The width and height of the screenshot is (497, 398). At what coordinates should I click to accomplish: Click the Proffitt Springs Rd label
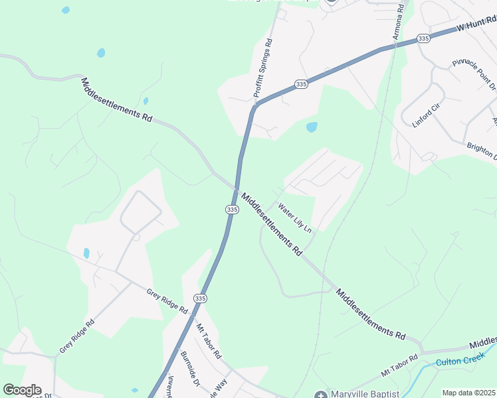(264, 69)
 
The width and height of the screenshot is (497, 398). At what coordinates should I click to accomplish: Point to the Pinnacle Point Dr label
(474, 74)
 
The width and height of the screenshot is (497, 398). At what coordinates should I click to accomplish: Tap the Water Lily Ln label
(294, 218)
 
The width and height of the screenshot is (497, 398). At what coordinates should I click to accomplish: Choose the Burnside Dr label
(190, 369)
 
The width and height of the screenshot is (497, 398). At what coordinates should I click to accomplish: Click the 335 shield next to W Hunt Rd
(424, 39)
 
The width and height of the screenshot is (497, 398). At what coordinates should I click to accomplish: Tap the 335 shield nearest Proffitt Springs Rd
(301, 84)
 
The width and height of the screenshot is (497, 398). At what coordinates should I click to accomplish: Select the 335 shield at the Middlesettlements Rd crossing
(231, 209)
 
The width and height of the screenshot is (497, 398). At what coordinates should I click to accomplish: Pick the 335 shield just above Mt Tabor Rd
(200, 298)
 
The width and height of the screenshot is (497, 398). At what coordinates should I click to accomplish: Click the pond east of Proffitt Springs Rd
(311, 127)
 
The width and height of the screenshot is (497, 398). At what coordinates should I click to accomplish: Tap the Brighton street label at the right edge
(482, 151)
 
